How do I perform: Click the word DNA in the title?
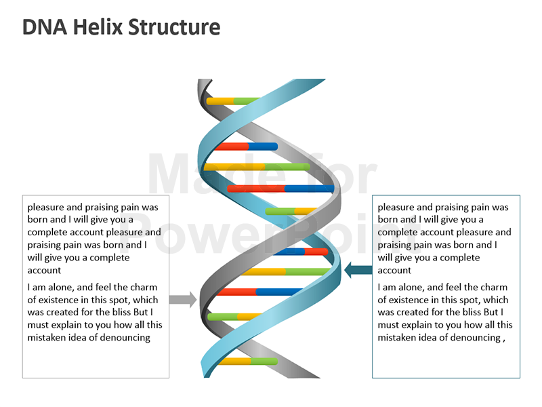[43, 27]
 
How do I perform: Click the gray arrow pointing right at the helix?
[182, 299]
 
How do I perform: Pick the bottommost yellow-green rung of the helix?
[248, 361]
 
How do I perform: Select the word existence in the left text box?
[61, 300]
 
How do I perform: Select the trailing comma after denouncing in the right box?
[504, 339]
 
